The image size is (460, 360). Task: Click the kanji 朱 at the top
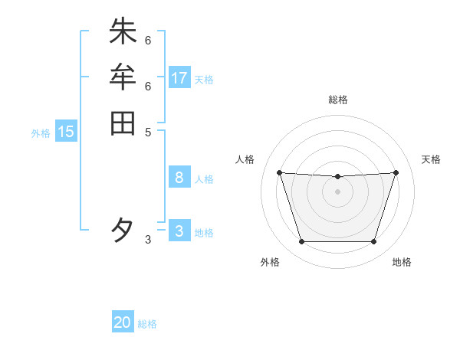pyautogui.click(x=123, y=31)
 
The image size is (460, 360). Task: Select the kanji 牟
pyautogui.click(x=123, y=77)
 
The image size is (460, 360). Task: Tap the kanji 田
pyautogui.click(x=123, y=123)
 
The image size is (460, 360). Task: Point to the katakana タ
pyautogui.click(x=123, y=230)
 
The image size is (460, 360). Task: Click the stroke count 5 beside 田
pyautogui.click(x=148, y=132)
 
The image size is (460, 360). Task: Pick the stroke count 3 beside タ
pyautogui.click(x=148, y=240)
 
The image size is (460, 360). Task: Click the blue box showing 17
pyautogui.click(x=179, y=77)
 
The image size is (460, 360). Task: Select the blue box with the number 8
pyautogui.click(x=179, y=178)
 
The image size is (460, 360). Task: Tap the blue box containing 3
pyautogui.click(x=179, y=231)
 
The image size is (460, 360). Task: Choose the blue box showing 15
pyautogui.click(x=66, y=132)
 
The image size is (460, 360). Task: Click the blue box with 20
pyautogui.click(x=123, y=322)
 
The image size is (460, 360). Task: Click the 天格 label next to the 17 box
pyautogui.click(x=204, y=80)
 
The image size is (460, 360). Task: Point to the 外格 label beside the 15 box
pyautogui.click(x=41, y=133)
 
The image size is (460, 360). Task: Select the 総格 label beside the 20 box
pyautogui.click(x=147, y=324)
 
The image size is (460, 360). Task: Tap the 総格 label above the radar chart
pyautogui.click(x=338, y=100)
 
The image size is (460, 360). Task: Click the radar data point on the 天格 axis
pyautogui.click(x=396, y=172)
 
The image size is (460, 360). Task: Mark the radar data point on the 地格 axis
pyautogui.click(x=373, y=242)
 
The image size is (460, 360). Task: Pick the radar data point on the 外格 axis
pyautogui.click(x=301, y=242)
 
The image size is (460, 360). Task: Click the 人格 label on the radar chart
pyautogui.click(x=245, y=159)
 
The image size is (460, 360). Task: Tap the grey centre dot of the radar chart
pyautogui.click(x=337, y=191)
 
